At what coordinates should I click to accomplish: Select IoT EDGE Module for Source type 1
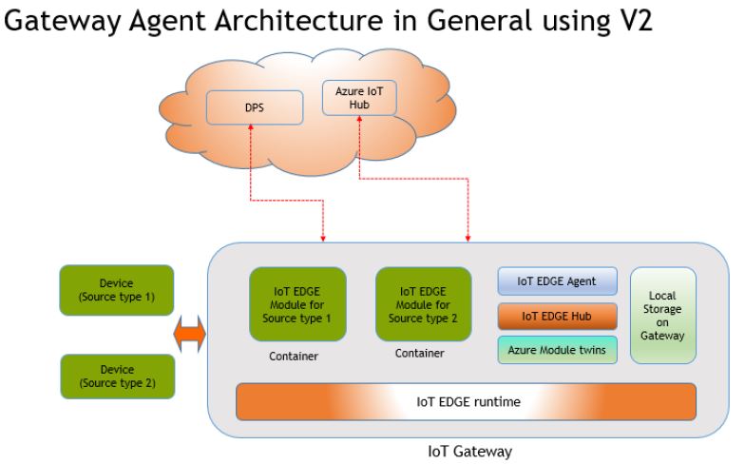click(297, 303)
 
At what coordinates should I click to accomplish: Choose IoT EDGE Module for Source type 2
click(423, 303)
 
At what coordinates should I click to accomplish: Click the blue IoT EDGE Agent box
click(558, 281)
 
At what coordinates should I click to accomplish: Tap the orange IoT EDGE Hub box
click(558, 316)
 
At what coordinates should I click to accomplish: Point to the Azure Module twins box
click(558, 350)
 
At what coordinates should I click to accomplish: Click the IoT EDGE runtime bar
click(467, 401)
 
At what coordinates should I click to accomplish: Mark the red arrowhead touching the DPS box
click(250, 129)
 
